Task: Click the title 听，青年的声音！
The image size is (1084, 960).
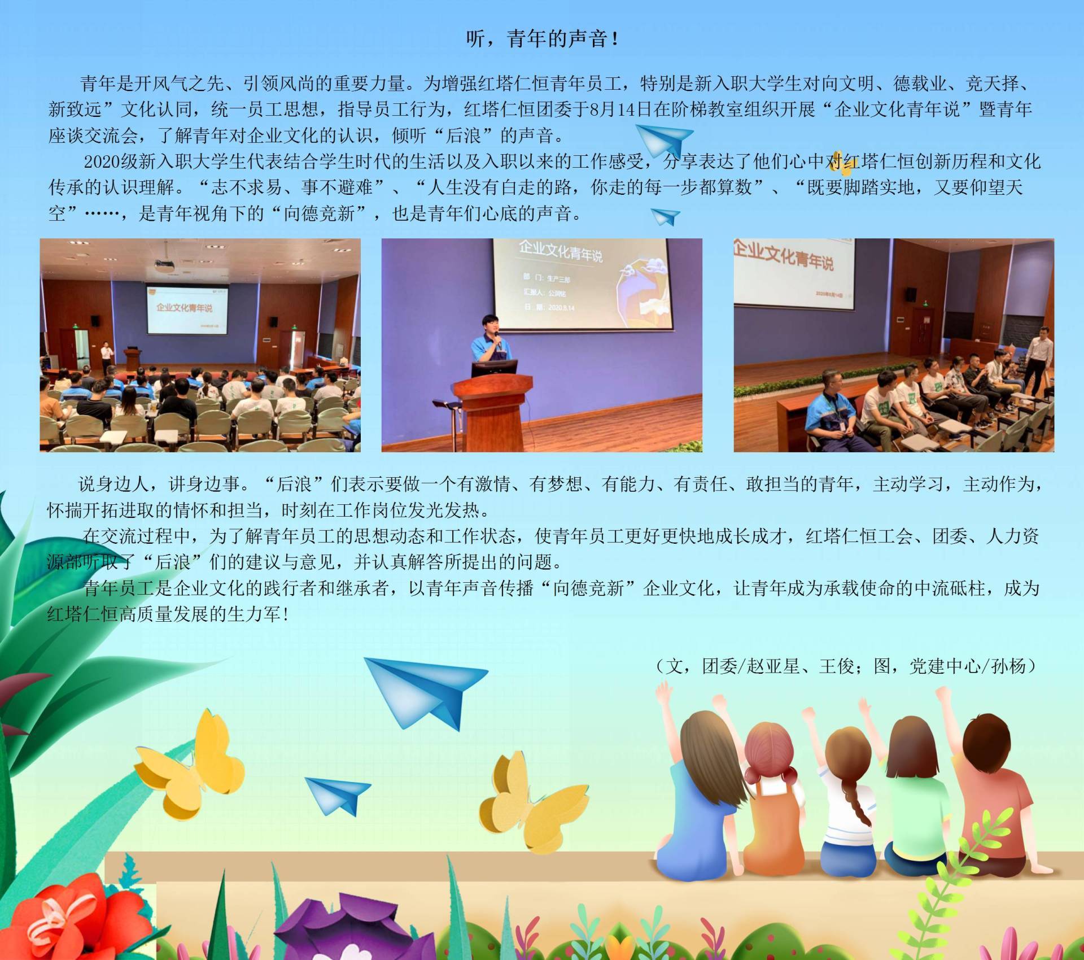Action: (542, 38)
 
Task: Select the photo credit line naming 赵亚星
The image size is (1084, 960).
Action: (847, 666)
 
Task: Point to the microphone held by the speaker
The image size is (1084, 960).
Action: (497, 339)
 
